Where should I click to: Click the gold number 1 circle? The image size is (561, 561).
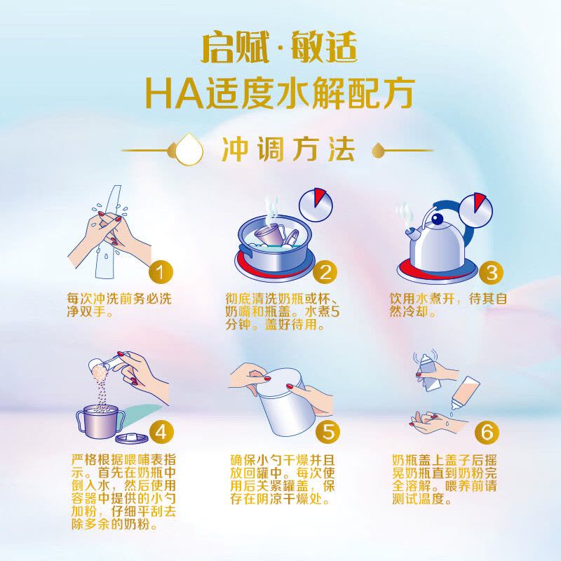pos(161,273)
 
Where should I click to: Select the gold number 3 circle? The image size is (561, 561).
pos(491,273)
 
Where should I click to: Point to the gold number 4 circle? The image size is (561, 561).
pos(161,432)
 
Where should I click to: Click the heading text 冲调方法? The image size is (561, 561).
pos(288,149)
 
